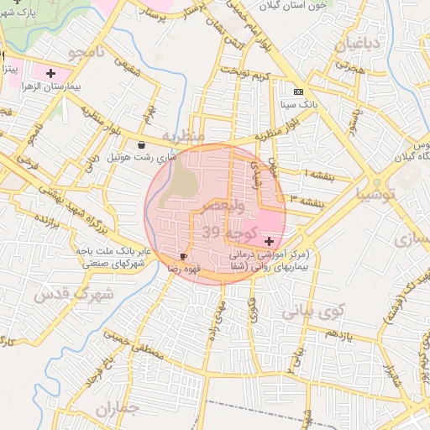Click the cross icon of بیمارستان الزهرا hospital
52,73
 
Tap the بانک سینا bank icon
297,92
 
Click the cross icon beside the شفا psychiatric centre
268,241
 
